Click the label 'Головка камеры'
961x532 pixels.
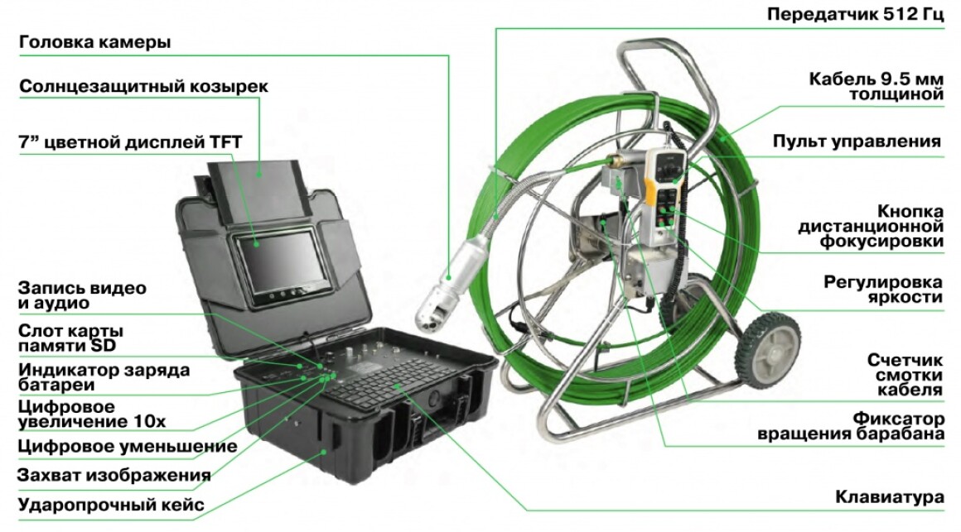(x=95, y=42)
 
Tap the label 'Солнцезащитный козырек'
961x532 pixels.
(x=143, y=86)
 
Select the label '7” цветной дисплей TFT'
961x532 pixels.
(x=130, y=142)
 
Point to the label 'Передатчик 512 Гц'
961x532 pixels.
(x=856, y=14)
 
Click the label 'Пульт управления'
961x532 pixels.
(x=856, y=141)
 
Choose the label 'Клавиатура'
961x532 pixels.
(x=889, y=496)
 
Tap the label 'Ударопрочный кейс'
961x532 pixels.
(x=111, y=505)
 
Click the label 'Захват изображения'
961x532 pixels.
(x=114, y=475)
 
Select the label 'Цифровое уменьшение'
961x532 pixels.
(x=128, y=446)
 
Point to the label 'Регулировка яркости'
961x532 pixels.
(x=882, y=290)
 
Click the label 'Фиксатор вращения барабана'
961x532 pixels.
(x=851, y=427)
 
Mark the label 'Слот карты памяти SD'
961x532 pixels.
(x=70, y=338)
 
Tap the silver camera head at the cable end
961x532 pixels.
(x=449, y=286)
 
